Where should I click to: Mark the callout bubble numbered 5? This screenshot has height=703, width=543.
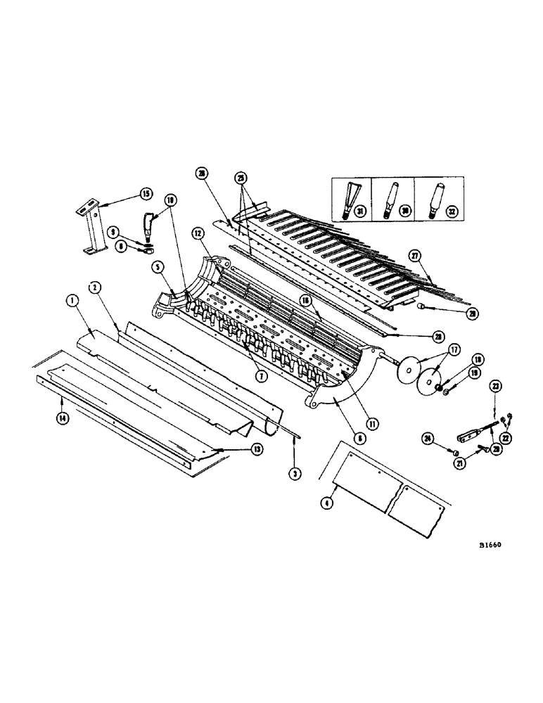pyautogui.click(x=157, y=268)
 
